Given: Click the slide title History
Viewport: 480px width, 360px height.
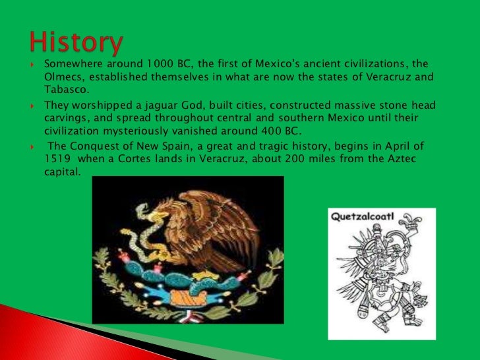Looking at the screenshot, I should click(76, 42).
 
